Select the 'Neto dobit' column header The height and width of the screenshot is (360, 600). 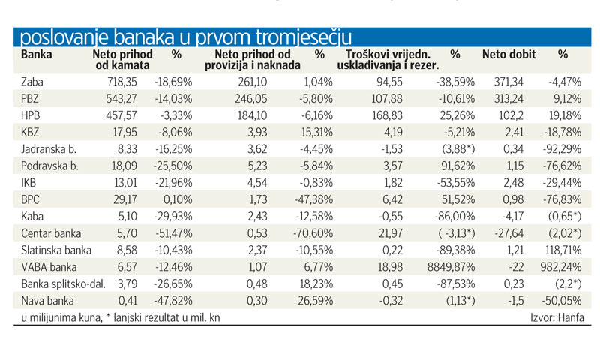(505, 55)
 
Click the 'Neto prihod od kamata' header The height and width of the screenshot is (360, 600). (122, 60)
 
